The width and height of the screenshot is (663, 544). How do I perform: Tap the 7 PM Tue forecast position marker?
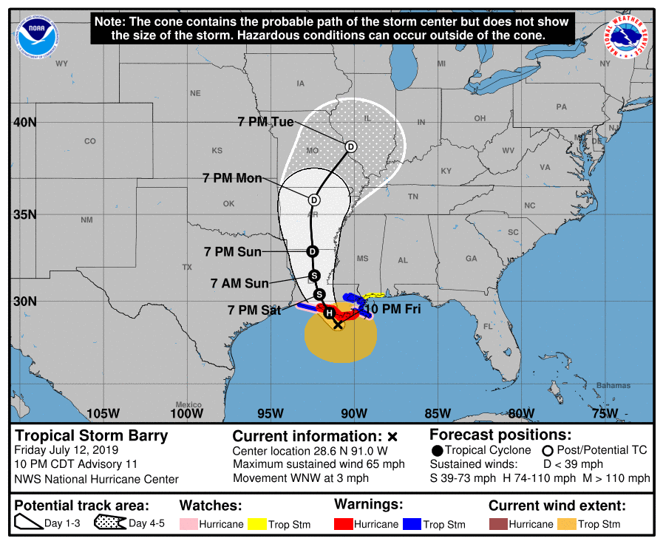coord(351,146)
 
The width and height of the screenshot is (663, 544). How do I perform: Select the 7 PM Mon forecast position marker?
coord(314,200)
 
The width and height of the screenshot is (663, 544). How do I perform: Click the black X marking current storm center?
coord(338,324)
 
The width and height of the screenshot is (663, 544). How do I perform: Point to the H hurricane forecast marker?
coord(329,313)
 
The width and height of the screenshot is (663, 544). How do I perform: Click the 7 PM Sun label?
coord(233,252)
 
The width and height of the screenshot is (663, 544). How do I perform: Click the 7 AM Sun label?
coord(239,283)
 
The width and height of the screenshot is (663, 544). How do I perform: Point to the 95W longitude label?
coord(271,413)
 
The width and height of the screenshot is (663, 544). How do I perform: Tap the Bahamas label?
coord(613,385)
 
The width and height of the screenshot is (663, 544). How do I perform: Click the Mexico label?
coord(188,404)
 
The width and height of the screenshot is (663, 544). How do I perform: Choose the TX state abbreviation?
coord(187,267)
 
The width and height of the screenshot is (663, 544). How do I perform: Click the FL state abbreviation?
coord(488,326)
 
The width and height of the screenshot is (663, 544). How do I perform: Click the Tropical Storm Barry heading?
coord(92,435)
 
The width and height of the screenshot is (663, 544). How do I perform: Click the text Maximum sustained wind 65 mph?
coord(319,464)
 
